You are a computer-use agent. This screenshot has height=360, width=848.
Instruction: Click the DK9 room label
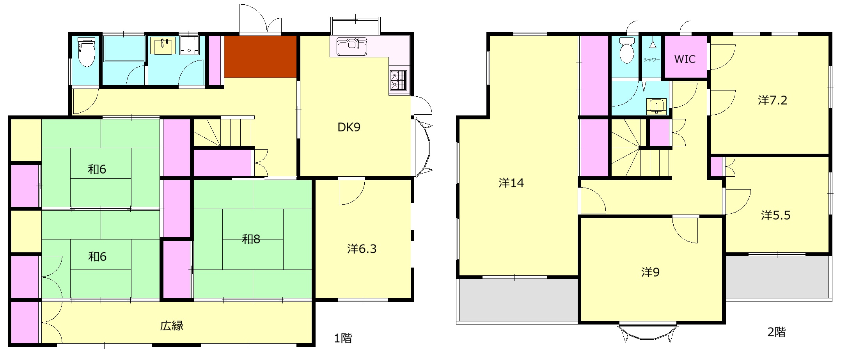349,127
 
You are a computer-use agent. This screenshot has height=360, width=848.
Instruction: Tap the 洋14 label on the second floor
511,183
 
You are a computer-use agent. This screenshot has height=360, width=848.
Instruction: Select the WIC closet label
685,59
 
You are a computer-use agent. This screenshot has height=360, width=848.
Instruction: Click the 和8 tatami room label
251,239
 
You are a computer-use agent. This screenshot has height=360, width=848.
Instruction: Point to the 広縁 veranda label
172,325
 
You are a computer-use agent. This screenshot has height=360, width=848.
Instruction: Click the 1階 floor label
343,338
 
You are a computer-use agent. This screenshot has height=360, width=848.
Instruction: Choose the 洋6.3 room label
362,248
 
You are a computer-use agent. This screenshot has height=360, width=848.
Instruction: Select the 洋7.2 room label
773,100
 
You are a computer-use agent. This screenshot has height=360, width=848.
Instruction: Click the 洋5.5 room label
775,215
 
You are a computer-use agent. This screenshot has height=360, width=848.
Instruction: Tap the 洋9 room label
650,272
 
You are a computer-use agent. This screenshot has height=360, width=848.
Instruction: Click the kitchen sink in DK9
352,47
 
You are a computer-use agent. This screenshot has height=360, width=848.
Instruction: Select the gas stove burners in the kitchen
399,81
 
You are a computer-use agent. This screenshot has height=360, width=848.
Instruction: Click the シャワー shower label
652,60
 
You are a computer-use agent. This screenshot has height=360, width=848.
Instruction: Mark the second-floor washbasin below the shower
656,106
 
